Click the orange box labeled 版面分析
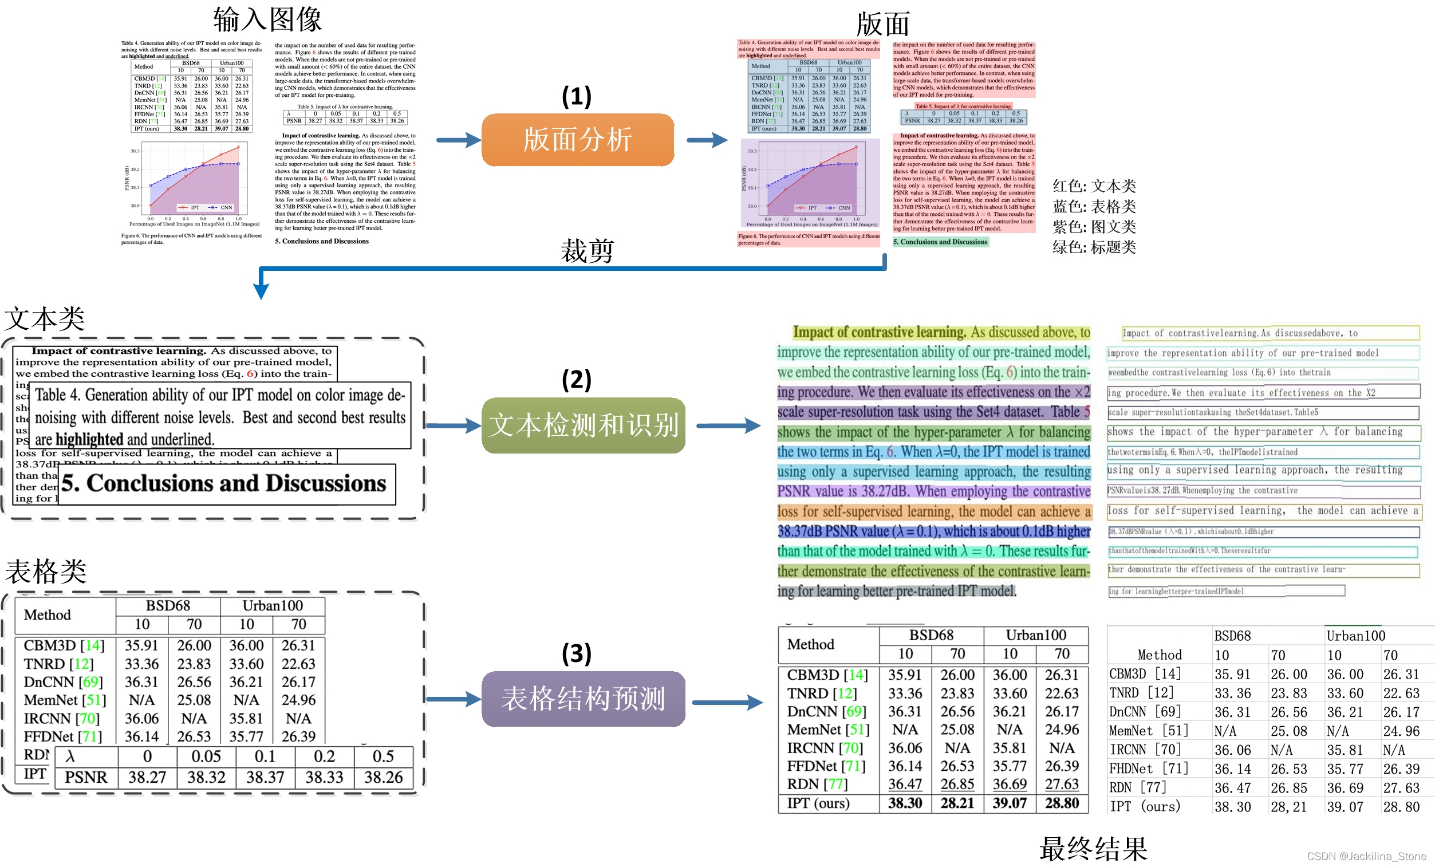click(577, 140)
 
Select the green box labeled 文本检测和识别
click(583, 425)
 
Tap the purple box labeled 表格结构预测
click(583, 699)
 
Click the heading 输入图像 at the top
click(267, 19)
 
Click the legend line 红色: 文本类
click(1094, 186)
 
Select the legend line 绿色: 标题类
click(1094, 247)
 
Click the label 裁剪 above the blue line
click(587, 251)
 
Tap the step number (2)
click(576, 380)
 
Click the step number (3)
click(576, 653)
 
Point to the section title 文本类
click(45, 319)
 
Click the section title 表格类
click(46, 571)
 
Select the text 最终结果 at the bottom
click(1093, 848)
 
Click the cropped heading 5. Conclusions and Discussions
click(224, 484)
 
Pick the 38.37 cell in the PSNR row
click(265, 777)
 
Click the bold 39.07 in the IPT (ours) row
click(1010, 803)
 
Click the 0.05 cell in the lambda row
click(206, 756)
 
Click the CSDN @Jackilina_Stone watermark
click(1366, 856)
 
